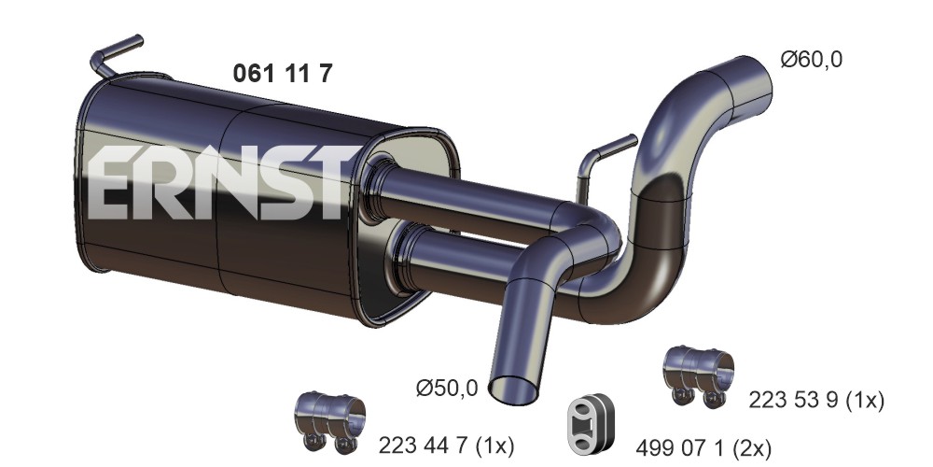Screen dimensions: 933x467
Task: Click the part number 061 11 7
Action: click(282, 73)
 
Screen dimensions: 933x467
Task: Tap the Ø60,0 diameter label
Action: click(811, 60)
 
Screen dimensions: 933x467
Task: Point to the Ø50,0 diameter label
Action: click(447, 389)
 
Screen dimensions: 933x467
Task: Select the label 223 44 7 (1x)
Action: click(446, 445)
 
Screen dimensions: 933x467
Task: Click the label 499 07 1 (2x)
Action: click(703, 446)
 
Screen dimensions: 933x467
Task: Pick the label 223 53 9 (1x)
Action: click(816, 400)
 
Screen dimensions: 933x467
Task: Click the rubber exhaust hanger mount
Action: click(591, 424)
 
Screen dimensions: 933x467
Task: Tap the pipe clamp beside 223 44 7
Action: click(329, 420)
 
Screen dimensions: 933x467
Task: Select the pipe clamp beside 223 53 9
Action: click(698, 375)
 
